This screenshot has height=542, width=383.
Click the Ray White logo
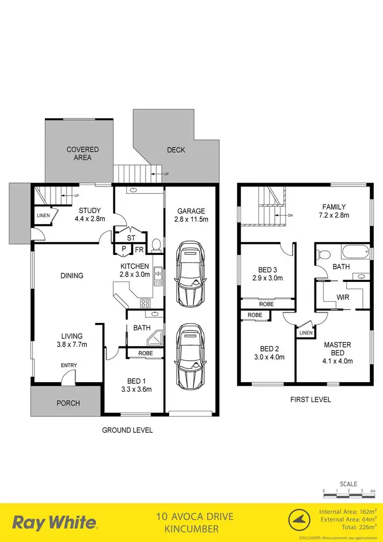55,522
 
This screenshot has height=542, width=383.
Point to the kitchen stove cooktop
146,303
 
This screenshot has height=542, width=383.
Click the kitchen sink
158,276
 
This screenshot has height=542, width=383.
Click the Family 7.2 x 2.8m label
333,211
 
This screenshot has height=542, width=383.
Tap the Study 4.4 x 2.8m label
90,215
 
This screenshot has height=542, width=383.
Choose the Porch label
68,403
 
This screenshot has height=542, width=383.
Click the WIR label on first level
343,296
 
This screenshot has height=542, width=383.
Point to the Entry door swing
66,378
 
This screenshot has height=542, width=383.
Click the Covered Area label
82,153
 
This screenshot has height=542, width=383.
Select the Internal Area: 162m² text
348,511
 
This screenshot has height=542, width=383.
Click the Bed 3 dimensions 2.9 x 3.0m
268,278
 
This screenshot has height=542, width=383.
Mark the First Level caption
310,399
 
